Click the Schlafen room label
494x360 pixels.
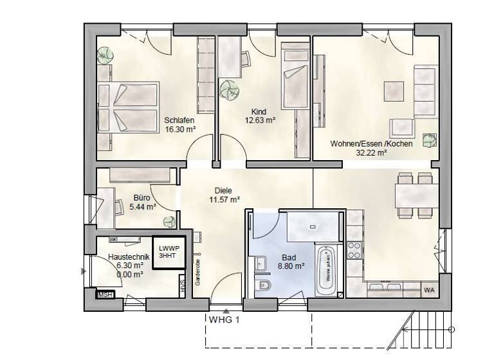[179, 120]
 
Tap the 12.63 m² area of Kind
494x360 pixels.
[260, 120]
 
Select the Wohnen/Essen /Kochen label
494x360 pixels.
[371, 143]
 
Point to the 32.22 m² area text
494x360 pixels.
[371, 153]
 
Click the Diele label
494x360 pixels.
[224, 191]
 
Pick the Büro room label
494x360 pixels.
[142, 198]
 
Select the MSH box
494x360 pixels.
[104, 295]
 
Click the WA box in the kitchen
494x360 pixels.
[429, 290]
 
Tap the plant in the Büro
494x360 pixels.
[169, 222]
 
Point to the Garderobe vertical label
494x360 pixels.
[199, 273]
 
